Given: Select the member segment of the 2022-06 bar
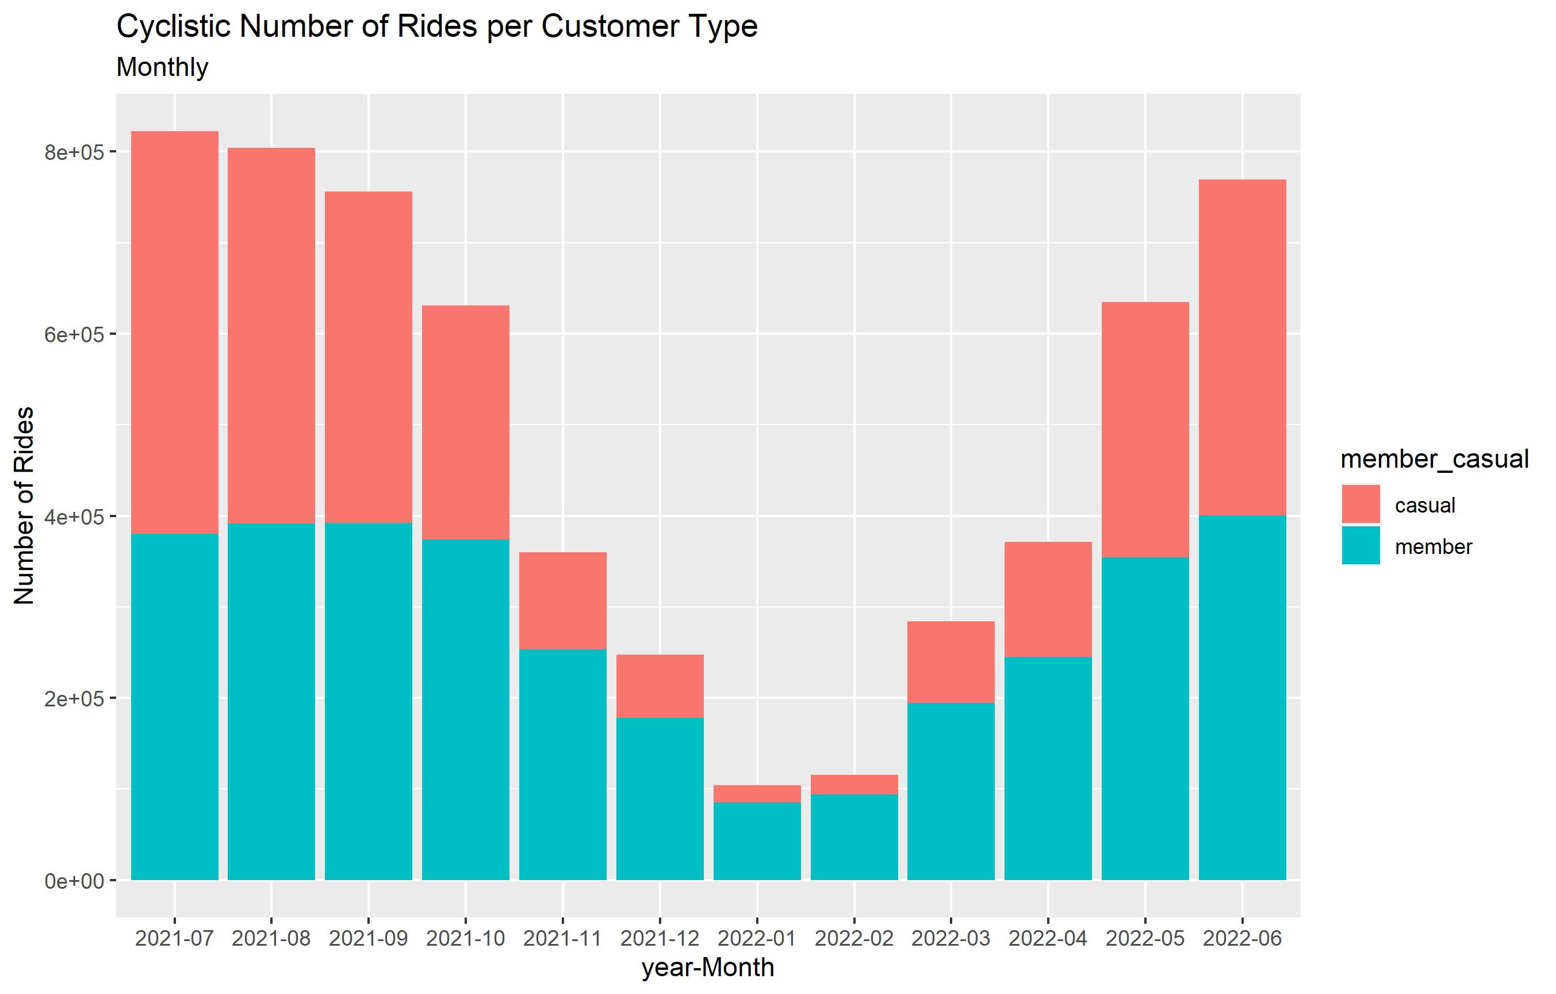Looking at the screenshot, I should tap(1242, 698).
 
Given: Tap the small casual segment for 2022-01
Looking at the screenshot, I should tap(757, 794).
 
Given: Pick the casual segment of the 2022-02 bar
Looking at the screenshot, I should tap(853, 785).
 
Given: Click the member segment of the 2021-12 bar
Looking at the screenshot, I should tap(660, 799).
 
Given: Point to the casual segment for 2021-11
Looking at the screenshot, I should tap(563, 601).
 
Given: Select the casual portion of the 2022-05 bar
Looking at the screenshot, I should tap(1145, 430).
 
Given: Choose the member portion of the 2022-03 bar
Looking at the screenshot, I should tap(951, 792).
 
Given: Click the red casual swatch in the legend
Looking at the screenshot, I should tap(1360, 504).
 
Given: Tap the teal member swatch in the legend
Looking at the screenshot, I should tap(1360, 546).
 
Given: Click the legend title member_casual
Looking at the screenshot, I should tap(1434, 460).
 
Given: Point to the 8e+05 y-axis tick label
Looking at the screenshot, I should tap(74, 152).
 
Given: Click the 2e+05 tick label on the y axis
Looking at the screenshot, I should tap(74, 699).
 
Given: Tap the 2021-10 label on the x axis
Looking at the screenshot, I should tap(465, 938).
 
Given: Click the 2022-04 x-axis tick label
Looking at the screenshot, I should tap(1048, 938).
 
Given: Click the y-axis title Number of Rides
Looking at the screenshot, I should tap(24, 506).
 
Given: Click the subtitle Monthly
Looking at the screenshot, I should tap(162, 67).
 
